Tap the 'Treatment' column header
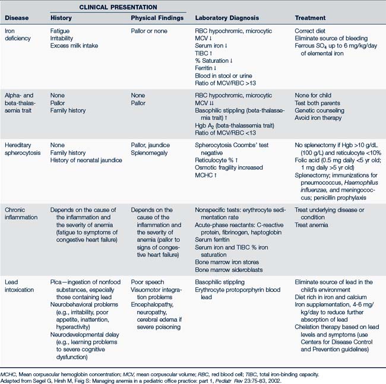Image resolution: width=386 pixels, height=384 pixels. [x=311, y=18]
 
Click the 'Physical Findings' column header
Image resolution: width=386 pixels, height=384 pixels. [x=156, y=18]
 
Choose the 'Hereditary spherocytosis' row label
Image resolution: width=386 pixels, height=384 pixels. [x=22, y=149]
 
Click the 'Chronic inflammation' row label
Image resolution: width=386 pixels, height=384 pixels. [x=20, y=214]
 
